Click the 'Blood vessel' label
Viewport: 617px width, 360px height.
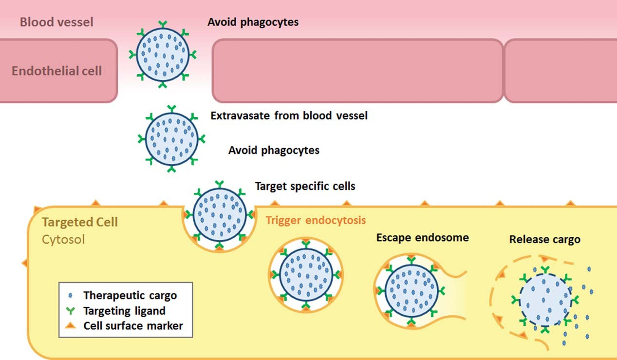56,22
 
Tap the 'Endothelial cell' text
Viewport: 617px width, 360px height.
56,71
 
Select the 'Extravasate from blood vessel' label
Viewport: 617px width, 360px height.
289,116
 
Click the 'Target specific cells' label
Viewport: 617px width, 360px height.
305,186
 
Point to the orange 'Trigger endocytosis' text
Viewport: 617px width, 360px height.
316,220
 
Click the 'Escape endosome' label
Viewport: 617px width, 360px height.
422,238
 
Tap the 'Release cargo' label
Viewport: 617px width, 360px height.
544,240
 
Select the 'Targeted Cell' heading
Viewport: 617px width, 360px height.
80,223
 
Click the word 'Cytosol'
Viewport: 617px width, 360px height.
63,239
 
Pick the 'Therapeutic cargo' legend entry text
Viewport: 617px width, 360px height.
130,295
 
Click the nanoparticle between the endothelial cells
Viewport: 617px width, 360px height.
163,54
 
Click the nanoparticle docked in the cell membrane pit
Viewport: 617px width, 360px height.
219,212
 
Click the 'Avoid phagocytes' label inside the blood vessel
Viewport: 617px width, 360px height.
253,22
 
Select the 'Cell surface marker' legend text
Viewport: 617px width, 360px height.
133,326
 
